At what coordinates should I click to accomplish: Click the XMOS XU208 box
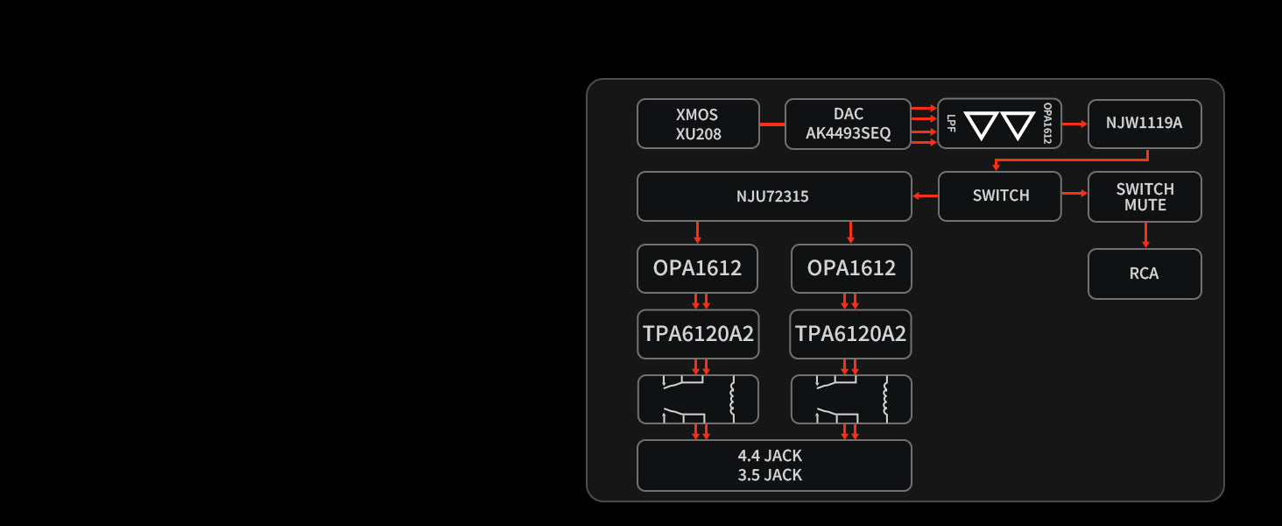pos(698,124)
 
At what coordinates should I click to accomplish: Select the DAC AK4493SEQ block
pos(848,124)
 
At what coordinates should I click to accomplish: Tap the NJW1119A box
pos(1144,124)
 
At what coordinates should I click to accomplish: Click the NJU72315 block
pos(773,196)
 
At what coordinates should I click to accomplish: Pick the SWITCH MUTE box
pos(1144,196)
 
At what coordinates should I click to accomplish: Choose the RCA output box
pos(1144,274)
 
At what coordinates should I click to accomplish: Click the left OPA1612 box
pos(697,268)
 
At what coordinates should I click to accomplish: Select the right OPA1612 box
pos(851,268)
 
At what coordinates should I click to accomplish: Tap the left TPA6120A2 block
pos(698,334)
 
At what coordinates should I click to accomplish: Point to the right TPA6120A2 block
pos(850,334)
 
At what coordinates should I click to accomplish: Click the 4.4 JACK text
pos(770,456)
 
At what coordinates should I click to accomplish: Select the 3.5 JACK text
pos(770,475)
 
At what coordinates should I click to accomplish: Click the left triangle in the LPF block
pos(981,124)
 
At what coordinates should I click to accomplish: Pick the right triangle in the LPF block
pos(1018,124)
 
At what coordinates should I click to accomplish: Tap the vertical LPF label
pos(951,124)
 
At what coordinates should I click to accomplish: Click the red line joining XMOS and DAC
pos(771,124)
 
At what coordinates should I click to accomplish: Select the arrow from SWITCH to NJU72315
pos(925,195)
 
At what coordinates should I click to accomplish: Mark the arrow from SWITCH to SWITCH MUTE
pos(1074,193)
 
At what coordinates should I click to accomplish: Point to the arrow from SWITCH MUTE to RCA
pos(1145,235)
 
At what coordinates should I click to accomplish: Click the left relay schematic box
pos(698,400)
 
